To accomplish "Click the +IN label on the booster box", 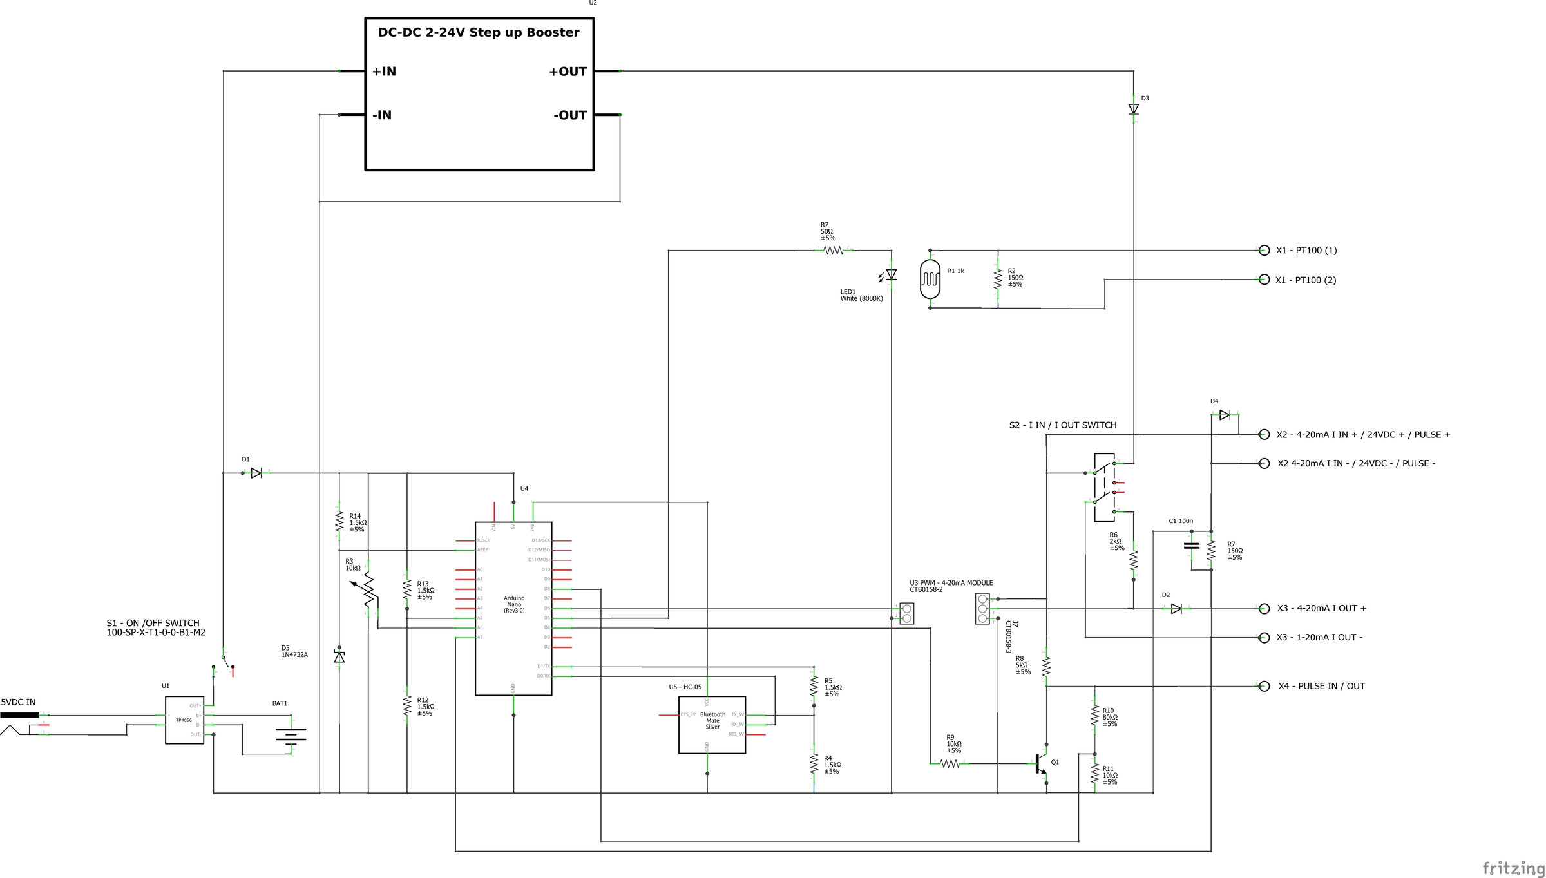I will (384, 72).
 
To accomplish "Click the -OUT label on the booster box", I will (570, 115).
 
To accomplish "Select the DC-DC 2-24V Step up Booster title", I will (478, 33).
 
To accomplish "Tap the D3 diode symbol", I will (1133, 110).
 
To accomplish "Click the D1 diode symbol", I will (256, 473).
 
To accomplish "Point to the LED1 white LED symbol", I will (891, 275).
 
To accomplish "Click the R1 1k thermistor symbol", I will (930, 279).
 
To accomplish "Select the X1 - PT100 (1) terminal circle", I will (1264, 251).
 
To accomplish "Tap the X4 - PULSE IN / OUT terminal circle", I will (1264, 686).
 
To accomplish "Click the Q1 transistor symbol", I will (1040, 764).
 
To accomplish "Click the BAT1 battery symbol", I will (291, 735).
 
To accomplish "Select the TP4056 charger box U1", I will (184, 720).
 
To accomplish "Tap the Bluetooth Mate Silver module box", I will (712, 725).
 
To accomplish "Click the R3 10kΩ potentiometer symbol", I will (367, 589).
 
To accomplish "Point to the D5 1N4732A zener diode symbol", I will (339, 656).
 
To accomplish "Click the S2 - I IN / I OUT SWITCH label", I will (1062, 425).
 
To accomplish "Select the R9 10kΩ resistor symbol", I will (950, 764).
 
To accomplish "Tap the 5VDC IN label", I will (18, 702).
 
